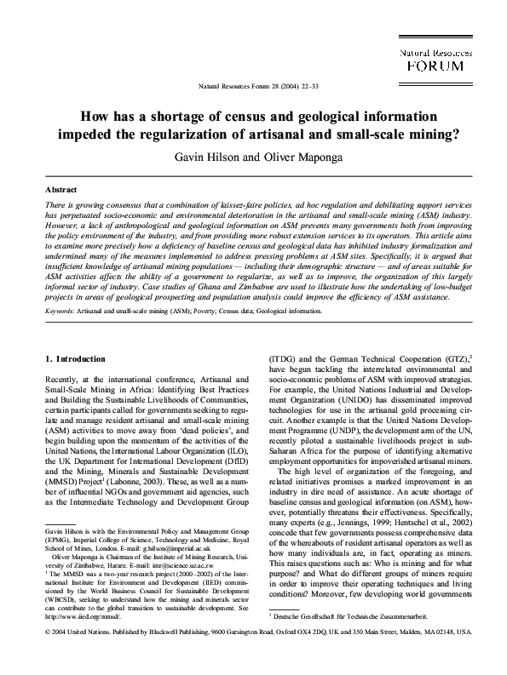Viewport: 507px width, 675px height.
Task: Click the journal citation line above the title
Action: click(x=253, y=87)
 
